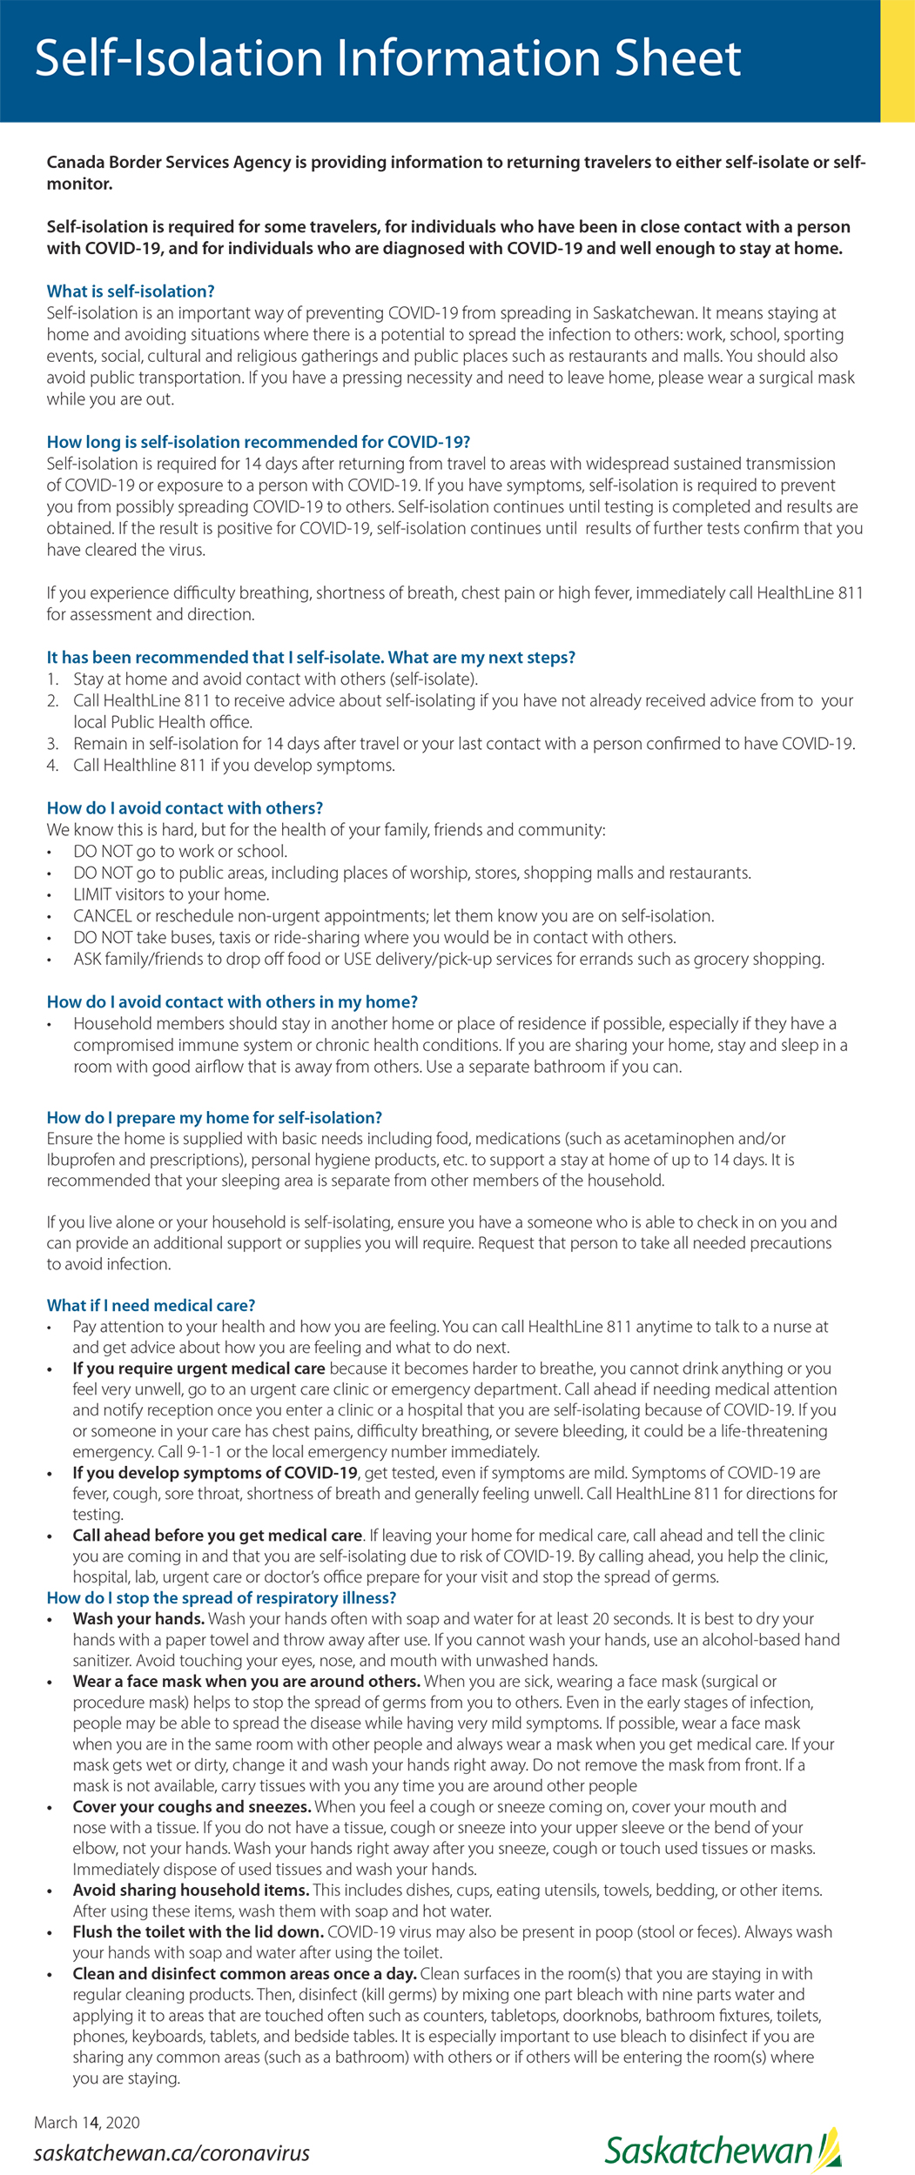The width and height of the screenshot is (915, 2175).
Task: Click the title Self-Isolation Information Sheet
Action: (387, 58)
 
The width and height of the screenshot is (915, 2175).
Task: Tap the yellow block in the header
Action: (898, 61)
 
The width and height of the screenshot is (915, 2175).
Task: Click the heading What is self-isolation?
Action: (131, 291)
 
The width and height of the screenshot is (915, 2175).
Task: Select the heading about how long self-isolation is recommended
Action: (259, 442)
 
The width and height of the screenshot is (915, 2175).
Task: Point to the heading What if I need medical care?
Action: (151, 1305)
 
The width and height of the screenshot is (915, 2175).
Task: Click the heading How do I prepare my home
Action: (214, 1117)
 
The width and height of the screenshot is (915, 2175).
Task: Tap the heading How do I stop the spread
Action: (221, 1597)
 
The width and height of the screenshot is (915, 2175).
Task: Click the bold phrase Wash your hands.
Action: (138, 1618)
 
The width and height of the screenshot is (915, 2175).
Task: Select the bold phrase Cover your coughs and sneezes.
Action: (192, 1806)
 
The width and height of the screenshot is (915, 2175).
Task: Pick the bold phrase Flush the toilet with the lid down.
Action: (198, 1931)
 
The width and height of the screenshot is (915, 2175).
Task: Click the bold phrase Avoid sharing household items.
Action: (191, 1890)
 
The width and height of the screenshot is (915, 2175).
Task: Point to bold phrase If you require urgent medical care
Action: (198, 1369)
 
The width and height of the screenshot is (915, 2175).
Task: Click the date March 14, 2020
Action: (87, 2122)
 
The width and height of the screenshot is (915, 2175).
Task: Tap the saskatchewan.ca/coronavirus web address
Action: (172, 2153)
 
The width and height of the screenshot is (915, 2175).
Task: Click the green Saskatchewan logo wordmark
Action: (710, 2151)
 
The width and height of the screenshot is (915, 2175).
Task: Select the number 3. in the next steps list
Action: (53, 744)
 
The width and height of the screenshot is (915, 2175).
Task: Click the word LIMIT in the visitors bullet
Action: (91, 894)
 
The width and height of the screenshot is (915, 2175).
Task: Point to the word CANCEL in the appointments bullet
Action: (103, 916)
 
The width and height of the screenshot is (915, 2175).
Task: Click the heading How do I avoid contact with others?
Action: (185, 808)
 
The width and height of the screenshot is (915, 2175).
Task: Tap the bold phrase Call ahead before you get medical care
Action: (217, 1536)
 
